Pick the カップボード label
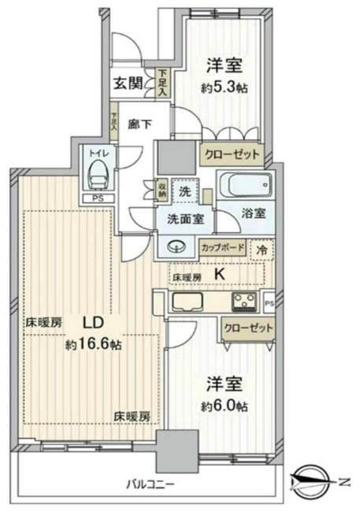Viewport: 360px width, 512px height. pyautogui.click(x=223, y=247)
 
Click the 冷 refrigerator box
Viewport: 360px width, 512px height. pyautogui.click(x=263, y=247)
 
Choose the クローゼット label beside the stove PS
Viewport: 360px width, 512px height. pyautogui.click(x=248, y=328)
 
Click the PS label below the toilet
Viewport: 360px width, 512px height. pyautogui.click(x=98, y=198)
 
